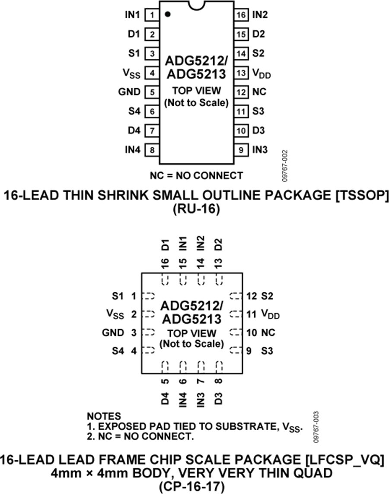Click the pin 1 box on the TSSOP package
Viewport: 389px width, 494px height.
(152, 15)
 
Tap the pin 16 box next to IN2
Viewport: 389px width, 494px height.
(241, 15)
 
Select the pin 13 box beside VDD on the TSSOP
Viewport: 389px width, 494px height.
(241, 73)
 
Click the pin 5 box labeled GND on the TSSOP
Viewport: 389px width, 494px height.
(152, 92)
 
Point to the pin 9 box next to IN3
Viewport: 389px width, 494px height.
(241, 150)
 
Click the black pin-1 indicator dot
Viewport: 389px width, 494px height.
(168, 14)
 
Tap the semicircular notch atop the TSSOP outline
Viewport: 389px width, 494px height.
(196, 5)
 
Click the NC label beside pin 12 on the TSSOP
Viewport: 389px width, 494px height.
(259, 92)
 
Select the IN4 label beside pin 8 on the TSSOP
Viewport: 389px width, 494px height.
(133, 150)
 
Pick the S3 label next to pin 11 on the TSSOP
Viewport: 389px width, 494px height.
(258, 111)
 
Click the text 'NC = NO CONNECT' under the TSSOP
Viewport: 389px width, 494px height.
(196, 175)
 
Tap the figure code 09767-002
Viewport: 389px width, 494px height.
(285, 166)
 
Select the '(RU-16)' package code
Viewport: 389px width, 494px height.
(196, 209)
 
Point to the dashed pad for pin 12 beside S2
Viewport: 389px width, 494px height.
(236, 296)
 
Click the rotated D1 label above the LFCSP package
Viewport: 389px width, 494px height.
(165, 245)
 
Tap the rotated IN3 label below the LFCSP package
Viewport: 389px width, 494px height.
(201, 399)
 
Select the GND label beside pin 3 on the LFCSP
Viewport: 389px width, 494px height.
(113, 332)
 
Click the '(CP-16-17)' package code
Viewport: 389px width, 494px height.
(191, 487)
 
